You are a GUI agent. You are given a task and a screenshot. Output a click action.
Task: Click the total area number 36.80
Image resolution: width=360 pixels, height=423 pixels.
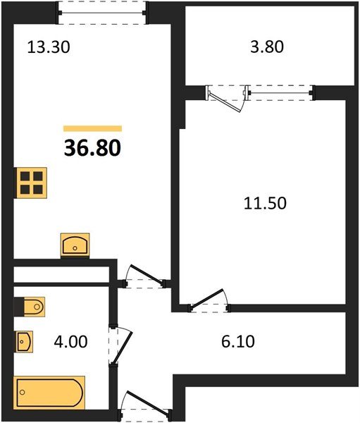pos(92,149)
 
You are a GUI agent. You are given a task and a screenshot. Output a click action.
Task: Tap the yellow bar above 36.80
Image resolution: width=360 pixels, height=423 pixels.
pos(92,129)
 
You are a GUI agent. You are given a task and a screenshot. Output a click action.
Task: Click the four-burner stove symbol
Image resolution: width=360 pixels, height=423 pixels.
pos(32,182)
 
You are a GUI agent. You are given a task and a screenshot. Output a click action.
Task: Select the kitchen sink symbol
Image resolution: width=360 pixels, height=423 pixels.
pos(75,245)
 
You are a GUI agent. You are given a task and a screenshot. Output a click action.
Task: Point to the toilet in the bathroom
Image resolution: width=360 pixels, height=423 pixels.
pos(30,307)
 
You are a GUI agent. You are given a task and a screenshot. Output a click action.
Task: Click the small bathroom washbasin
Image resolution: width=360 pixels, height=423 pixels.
pos(23,342)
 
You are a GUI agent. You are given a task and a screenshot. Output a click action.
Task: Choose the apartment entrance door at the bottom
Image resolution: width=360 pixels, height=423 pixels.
pos(145,405)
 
